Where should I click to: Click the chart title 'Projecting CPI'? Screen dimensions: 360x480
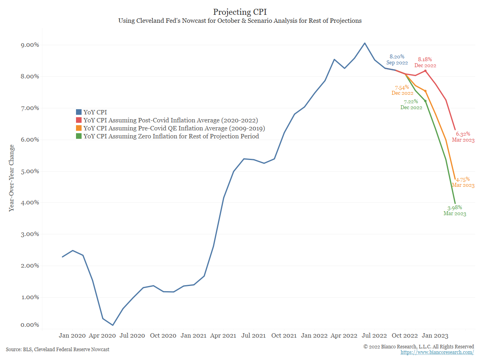240,12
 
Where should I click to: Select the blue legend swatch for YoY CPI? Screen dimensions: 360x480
79,112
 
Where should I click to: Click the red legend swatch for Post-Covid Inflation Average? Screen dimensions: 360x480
79,120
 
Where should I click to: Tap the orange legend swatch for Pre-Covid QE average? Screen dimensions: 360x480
79,128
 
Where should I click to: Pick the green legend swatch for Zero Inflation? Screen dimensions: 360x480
79,136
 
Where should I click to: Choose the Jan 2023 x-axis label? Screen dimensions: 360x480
436,336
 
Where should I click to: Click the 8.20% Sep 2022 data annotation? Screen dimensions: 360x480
397,60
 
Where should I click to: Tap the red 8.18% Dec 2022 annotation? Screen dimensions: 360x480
425,62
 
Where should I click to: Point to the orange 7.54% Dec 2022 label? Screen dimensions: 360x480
402,90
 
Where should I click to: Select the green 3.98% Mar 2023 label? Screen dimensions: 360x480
455,210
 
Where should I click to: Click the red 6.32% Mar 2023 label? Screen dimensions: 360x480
463,137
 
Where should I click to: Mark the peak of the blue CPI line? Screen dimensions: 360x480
364,43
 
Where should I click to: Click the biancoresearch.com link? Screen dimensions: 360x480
437,352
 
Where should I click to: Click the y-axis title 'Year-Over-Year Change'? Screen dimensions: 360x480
12,178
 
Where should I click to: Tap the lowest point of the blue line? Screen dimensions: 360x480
113,325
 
